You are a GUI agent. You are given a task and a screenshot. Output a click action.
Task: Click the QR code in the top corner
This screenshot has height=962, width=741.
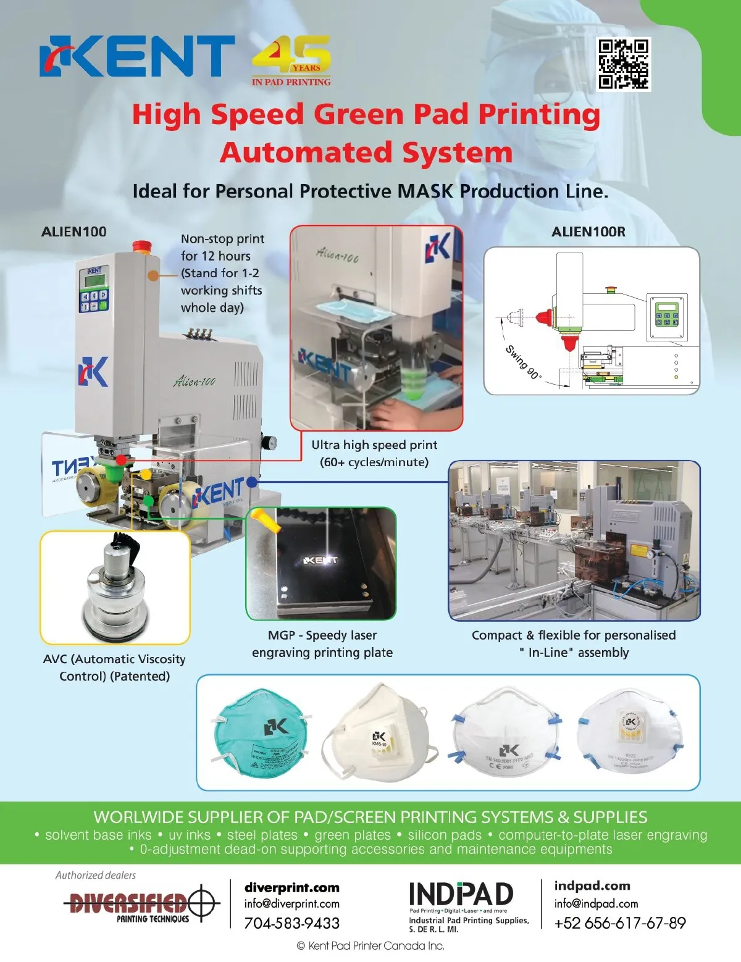pos(624,64)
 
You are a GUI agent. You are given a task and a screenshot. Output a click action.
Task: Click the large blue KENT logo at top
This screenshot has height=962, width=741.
pos(137,56)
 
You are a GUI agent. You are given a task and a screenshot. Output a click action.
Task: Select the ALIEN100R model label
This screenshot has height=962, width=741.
pos(588,232)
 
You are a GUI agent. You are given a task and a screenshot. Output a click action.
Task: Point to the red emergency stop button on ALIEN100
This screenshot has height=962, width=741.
pos(141,247)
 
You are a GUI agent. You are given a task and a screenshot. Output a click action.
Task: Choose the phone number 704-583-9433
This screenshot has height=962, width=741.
pos(292,923)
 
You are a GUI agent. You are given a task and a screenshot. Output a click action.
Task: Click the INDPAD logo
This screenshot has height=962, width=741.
pos(461,894)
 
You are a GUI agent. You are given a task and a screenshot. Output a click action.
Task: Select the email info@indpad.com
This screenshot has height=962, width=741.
pos(596,903)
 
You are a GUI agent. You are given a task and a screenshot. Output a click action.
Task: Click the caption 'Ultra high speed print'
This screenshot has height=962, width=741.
pos(374,445)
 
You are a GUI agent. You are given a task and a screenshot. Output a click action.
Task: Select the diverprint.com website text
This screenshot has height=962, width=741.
pos(292,887)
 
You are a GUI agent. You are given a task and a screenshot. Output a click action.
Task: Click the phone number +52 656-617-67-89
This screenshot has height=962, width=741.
pos(620,923)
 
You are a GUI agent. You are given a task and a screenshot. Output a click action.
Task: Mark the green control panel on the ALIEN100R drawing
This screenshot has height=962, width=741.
pos(666,317)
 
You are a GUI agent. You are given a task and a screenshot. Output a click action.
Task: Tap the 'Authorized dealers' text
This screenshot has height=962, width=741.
pos(96,875)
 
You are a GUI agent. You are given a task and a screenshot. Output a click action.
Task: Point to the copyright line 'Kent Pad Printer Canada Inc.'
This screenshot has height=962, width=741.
pos(371,946)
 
